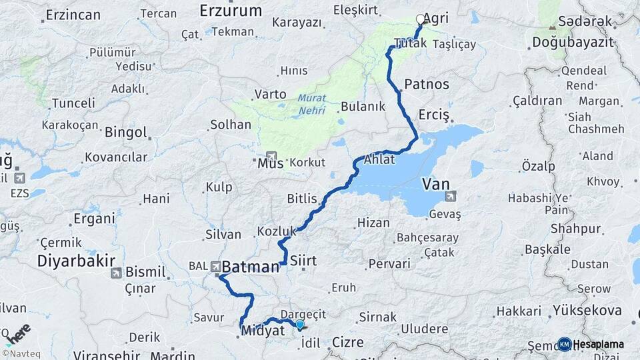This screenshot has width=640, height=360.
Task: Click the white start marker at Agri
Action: (x=420, y=19)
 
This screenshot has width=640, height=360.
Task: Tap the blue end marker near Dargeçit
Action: (x=300, y=325)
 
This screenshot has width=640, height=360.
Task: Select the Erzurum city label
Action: (x=231, y=10)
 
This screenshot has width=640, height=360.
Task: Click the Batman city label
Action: (x=250, y=267)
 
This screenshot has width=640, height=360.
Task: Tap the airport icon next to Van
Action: (x=452, y=196)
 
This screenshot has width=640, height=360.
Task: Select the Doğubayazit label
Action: (x=572, y=43)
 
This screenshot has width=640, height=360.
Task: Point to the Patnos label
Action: (x=427, y=85)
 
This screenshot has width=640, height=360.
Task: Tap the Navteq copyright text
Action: (x=20, y=353)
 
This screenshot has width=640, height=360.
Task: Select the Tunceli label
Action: (x=69, y=103)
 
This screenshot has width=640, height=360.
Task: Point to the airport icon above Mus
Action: (x=271, y=156)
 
